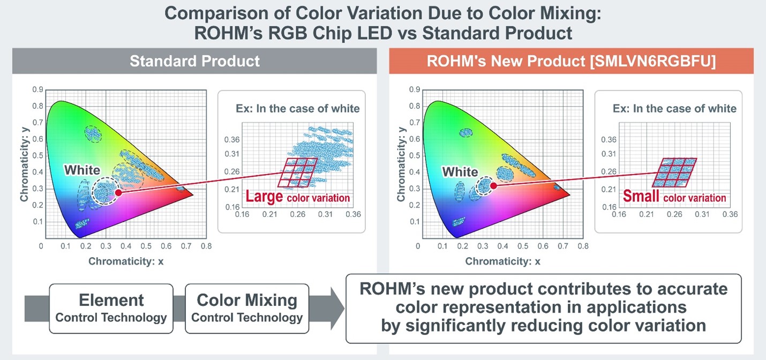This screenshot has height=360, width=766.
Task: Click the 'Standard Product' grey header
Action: tap(194, 61)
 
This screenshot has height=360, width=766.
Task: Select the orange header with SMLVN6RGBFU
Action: tap(571, 61)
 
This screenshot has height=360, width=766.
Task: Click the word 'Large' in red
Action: tap(264, 197)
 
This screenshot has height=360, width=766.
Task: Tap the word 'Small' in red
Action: tap(641, 196)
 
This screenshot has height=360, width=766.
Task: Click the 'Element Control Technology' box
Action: tap(111, 308)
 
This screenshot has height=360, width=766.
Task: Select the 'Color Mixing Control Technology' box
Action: tap(247, 308)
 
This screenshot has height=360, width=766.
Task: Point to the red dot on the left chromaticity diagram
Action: tap(118, 192)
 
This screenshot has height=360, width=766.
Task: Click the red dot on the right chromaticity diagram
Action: tap(494, 185)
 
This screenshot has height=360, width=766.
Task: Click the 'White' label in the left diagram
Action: tap(82, 170)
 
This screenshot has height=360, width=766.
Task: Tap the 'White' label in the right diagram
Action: tap(460, 172)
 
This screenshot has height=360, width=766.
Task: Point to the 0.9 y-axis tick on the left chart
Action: tap(37, 90)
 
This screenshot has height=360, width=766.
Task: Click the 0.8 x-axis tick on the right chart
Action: tap(583, 246)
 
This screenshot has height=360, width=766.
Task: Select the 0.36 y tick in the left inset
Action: tap(231, 139)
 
